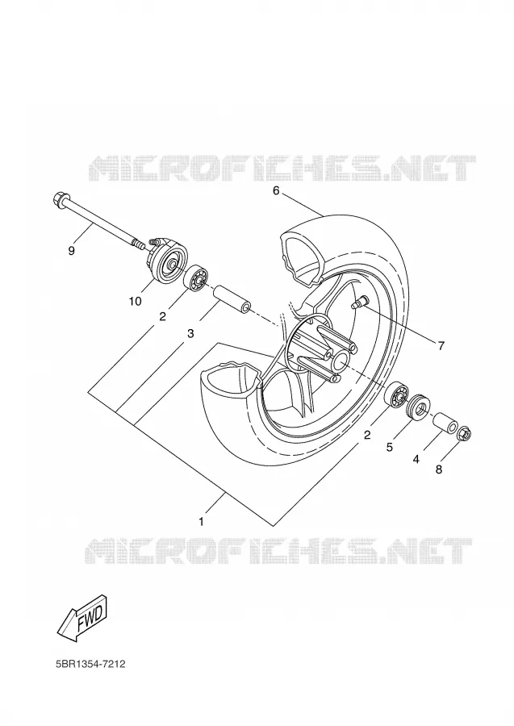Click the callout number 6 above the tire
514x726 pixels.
coord(276,190)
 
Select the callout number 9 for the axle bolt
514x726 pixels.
coord(71,251)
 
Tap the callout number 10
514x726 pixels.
coord(135,302)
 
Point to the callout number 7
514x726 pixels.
coord(441,345)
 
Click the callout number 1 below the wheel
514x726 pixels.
coord(202,522)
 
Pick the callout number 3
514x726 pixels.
coord(190,333)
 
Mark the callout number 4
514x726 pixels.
coord(416,459)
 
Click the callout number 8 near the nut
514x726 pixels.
coord(438,469)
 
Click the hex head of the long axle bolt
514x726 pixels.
coord(59,199)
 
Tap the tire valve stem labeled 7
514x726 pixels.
coord(359,303)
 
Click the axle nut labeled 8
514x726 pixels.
coord(464,435)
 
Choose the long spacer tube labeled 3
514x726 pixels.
coord(232,300)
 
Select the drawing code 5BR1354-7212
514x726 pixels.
coord(90,664)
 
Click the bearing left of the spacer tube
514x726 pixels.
coord(195,277)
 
